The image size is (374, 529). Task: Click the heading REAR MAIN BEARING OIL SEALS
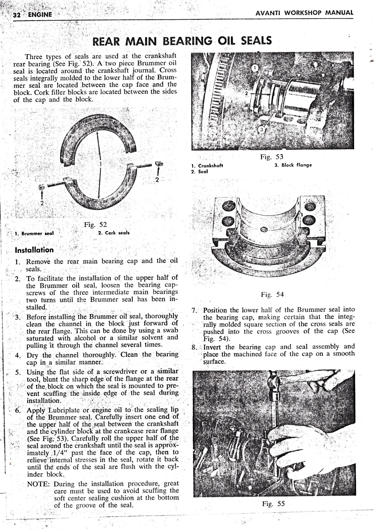point(182,41)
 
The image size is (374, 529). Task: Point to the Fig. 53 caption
point(271,157)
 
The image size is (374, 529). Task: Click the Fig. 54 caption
point(272,295)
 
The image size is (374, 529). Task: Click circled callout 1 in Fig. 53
point(256,68)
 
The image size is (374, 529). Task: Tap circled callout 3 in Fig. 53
point(262,129)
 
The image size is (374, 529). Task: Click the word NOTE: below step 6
point(39,484)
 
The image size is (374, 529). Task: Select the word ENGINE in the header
point(40,14)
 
